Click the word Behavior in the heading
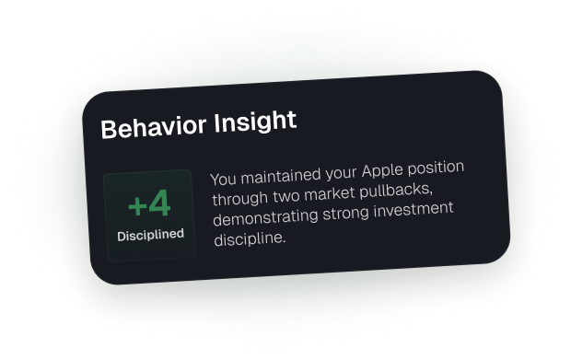pos(153,125)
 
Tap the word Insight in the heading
pos(255,122)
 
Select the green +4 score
pos(149,203)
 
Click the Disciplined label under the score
pos(150,235)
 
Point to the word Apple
pos(382,170)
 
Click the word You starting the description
pos(224,179)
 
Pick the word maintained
pos(281,176)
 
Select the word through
pos(240,199)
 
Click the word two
pos(286,196)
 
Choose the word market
pos(330,193)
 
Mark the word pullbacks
pos(396,191)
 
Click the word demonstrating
pos(266,217)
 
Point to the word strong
pos(346,214)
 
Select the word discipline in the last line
pos(250,238)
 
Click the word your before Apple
pos(342,173)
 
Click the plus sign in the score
pos(137,205)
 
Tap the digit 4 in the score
pos(160,203)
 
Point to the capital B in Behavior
pos(109,129)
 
